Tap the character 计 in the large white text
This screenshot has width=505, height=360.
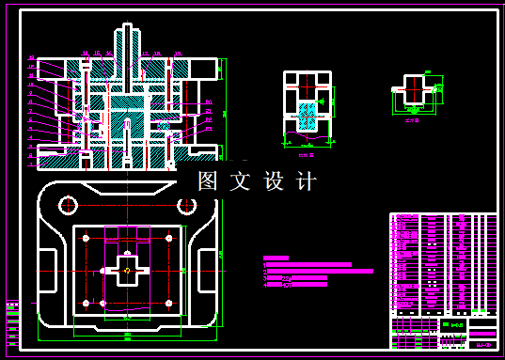(307, 181)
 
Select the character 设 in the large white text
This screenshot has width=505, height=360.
(274, 181)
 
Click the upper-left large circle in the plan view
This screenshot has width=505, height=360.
(69, 204)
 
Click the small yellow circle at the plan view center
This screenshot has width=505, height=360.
(127, 270)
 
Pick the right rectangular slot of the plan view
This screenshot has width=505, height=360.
(206, 271)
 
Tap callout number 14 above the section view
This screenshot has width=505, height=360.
(86, 55)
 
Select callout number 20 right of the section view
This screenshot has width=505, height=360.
(209, 102)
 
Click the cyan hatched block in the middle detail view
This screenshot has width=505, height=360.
(308, 115)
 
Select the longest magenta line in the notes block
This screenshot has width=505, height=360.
(321, 271)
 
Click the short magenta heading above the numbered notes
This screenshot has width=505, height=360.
(276, 257)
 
